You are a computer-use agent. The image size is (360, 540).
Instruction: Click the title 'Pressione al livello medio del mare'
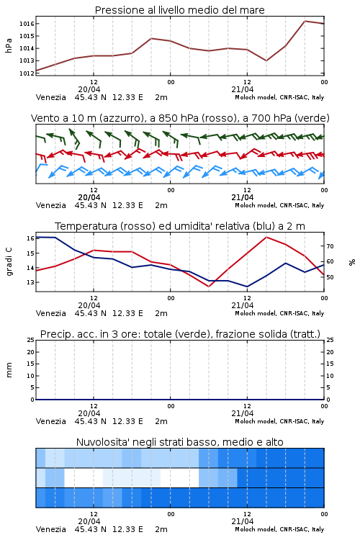click(179, 10)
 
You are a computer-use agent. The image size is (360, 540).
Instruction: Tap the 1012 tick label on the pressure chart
click(27, 73)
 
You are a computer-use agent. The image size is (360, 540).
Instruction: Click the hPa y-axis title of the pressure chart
click(9, 45)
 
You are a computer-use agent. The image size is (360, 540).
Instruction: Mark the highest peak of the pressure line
click(305, 21)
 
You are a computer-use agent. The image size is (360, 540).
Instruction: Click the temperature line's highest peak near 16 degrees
click(266, 237)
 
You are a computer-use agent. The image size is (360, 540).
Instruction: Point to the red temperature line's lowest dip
click(209, 287)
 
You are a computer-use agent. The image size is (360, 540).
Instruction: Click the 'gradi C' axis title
click(9, 261)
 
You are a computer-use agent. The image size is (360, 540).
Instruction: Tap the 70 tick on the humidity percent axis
click(330, 246)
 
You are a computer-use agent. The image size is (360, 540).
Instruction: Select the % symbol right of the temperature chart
click(352, 262)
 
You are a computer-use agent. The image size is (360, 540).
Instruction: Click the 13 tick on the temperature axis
click(30, 282)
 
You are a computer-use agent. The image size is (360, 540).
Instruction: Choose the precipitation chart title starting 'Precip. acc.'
click(180, 334)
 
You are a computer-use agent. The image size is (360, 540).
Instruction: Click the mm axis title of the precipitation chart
click(9, 370)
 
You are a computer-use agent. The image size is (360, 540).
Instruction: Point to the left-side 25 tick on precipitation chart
click(31, 340)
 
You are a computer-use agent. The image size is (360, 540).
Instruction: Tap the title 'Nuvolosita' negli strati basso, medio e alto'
click(179, 442)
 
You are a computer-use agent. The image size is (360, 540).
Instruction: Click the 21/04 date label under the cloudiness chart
click(243, 521)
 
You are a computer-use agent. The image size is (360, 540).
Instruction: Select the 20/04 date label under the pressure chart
click(89, 89)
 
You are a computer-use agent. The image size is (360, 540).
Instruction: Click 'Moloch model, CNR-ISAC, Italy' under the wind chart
click(279, 205)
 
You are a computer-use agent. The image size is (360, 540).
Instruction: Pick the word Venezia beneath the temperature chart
click(51, 313)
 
